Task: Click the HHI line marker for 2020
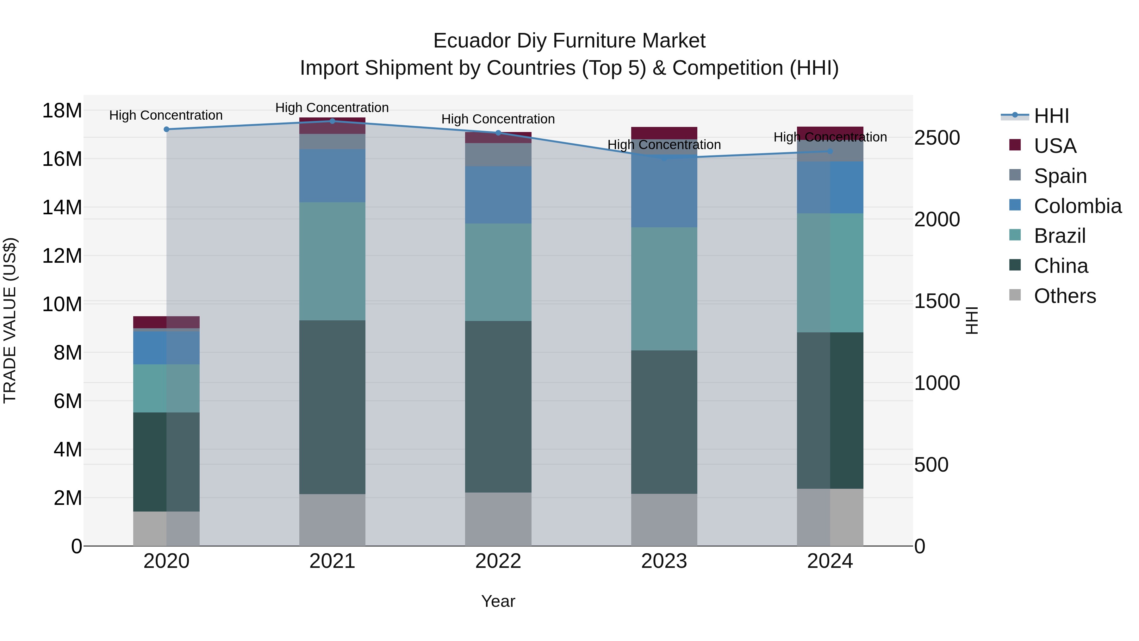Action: pyautogui.click(x=166, y=129)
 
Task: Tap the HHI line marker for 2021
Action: pyautogui.click(x=333, y=121)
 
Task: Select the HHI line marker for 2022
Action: pyautogui.click(x=498, y=133)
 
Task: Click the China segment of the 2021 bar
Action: pyautogui.click(x=333, y=407)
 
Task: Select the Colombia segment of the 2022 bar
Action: pyautogui.click(x=498, y=195)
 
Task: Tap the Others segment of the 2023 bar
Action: pyautogui.click(x=664, y=519)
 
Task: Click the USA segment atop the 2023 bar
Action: pyautogui.click(x=664, y=133)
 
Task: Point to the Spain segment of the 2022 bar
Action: pyautogui.click(x=498, y=154)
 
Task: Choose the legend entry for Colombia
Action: pyautogui.click(x=1078, y=206)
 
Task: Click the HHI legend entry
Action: pyautogui.click(x=1051, y=116)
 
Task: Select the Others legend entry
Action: pyautogui.click(x=1065, y=296)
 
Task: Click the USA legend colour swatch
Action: pyautogui.click(x=1015, y=145)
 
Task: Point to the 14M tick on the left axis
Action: pyautogui.click(x=62, y=207)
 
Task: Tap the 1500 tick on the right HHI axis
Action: pyautogui.click(x=937, y=301)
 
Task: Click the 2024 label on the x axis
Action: pyautogui.click(x=830, y=561)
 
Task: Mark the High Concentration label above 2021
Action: pyautogui.click(x=332, y=108)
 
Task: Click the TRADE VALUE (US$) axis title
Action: pyautogui.click(x=10, y=320)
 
